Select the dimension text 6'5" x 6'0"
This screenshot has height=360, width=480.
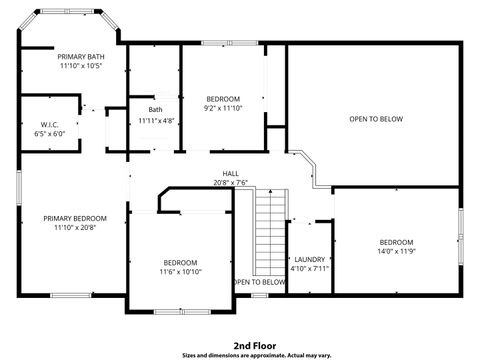click(x=49, y=133)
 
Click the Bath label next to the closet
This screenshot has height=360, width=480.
click(x=155, y=110)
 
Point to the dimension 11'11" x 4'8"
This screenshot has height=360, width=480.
click(x=156, y=121)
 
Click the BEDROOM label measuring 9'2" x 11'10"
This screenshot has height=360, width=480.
click(x=223, y=98)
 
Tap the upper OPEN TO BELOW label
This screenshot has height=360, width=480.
click(x=375, y=119)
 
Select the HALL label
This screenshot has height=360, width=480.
click(x=230, y=173)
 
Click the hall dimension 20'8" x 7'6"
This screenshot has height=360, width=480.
click(x=230, y=183)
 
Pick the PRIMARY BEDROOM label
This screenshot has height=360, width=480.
click(x=75, y=218)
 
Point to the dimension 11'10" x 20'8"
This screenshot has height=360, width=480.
click(x=75, y=228)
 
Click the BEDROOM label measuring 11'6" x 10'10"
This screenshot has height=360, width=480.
click(x=180, y=262)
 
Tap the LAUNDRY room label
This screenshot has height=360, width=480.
click(x=309, y=258)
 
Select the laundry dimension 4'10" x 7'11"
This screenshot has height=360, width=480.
click(x=309, y=268)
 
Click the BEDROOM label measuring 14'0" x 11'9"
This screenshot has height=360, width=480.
click(x=396, y=242)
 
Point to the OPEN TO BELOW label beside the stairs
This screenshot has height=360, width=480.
click(x=260, y=282)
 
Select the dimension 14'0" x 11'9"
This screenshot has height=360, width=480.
click(x=396, y=252)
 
